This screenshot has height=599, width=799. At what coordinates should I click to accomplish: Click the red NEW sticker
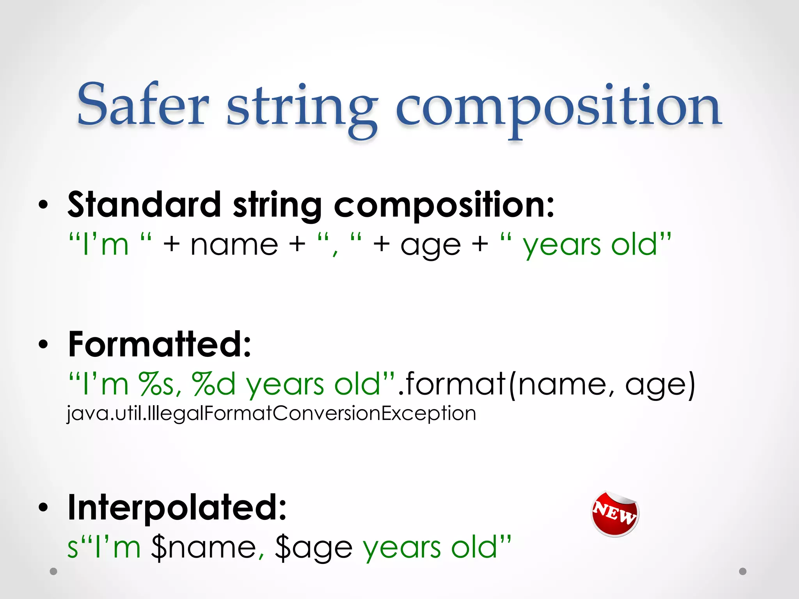(615, 514)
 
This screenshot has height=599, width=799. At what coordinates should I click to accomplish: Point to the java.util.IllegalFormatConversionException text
(272, 413)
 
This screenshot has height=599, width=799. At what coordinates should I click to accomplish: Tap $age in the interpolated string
(314, 548)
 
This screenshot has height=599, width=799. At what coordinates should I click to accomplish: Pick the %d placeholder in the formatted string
(214, 385)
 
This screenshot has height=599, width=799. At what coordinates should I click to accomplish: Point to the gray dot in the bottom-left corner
(53, 571)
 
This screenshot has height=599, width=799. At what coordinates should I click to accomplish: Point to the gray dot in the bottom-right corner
(743, 571)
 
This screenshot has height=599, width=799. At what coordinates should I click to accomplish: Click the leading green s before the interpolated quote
(73, 548)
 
